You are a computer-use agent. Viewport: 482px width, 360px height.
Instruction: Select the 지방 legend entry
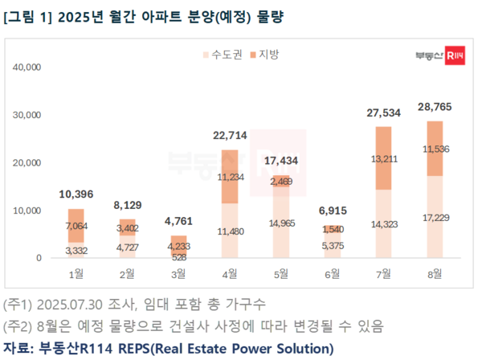click(x=263, y=55)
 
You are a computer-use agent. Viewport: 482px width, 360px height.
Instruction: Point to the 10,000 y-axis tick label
click(x=27, y=211)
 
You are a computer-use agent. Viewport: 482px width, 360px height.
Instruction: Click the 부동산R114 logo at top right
click(x=439, y=55)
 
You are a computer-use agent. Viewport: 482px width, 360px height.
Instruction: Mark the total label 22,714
click(x=232, y=134)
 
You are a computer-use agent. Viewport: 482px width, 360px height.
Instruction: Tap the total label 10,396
click(x=76, y=193)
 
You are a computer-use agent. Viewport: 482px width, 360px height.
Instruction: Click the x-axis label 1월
click(x=76, y=275)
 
